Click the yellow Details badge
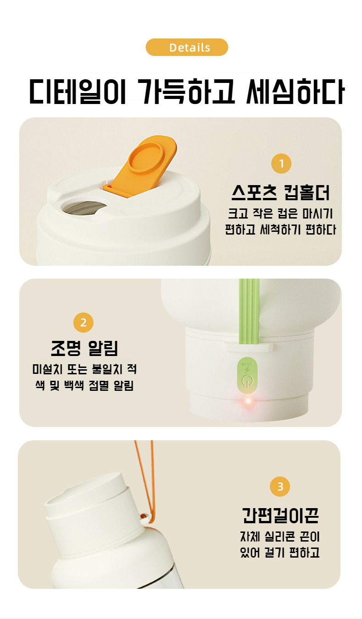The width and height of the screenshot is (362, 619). pyautogui.click(x=187, y=47)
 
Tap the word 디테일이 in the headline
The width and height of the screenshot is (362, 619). pyautogui.click(x=77, y=92)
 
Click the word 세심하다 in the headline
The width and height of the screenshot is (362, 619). pyautogui.click(x=295, y=92)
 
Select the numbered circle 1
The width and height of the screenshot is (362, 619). pyautogui.click(x=281, y=164)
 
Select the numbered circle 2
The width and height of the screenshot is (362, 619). pyautogui.click(x=83, y=323)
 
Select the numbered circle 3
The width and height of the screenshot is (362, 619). pyautogui.click(x=280, y=487)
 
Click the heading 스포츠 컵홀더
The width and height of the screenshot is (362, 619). pyautogui.click(x=281, y=192)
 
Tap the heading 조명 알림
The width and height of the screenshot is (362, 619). pyautogui.click(x=85, y=348)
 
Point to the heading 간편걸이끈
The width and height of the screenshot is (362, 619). pyautogui.click(x=280, y=515)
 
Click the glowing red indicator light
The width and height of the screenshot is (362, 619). pyautogui.click(x=248, y=401)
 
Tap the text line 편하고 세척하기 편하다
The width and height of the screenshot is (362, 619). pyautogui.click(x=280, y=230)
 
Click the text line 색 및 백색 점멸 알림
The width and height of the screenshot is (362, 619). pyautogui.click(x=85, y=386)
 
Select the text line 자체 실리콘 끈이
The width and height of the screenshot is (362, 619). pyautogui.click(x=280, y=537)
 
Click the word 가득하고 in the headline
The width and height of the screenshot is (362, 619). pyautogui.click(x=186, y=92)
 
